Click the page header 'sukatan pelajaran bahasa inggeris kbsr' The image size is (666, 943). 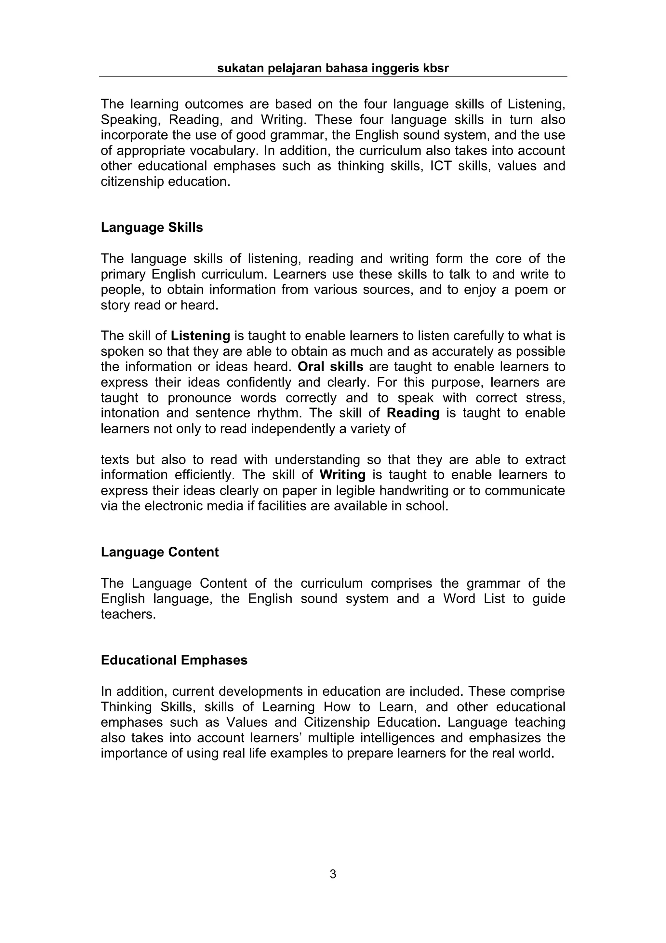click(x=333, y=68)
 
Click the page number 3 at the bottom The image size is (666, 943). click(x=333, y=874)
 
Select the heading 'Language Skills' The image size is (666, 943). click(x=152, y=227)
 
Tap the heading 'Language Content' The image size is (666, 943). click(x=160, y=552)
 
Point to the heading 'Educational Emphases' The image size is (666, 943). click(x=174, y=660)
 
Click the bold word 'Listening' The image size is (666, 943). click(x=200, y=336)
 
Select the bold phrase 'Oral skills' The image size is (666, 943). click(x=330, y=367)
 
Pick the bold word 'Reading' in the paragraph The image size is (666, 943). click(x=413, y=413)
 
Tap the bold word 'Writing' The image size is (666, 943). click(x=342, y=475)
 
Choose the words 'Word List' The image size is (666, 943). click(x=473, y=599)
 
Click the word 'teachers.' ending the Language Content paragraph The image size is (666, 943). click(x=128, y=614)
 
